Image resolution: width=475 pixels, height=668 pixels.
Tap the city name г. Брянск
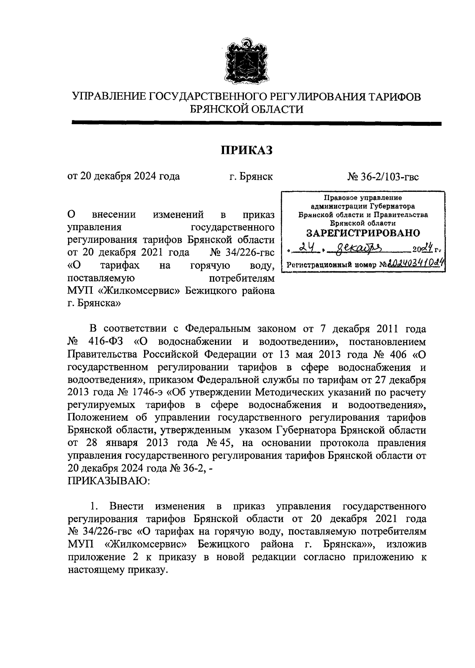[x=251, y=176]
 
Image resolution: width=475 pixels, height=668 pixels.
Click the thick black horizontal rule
[x=256, y=123]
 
